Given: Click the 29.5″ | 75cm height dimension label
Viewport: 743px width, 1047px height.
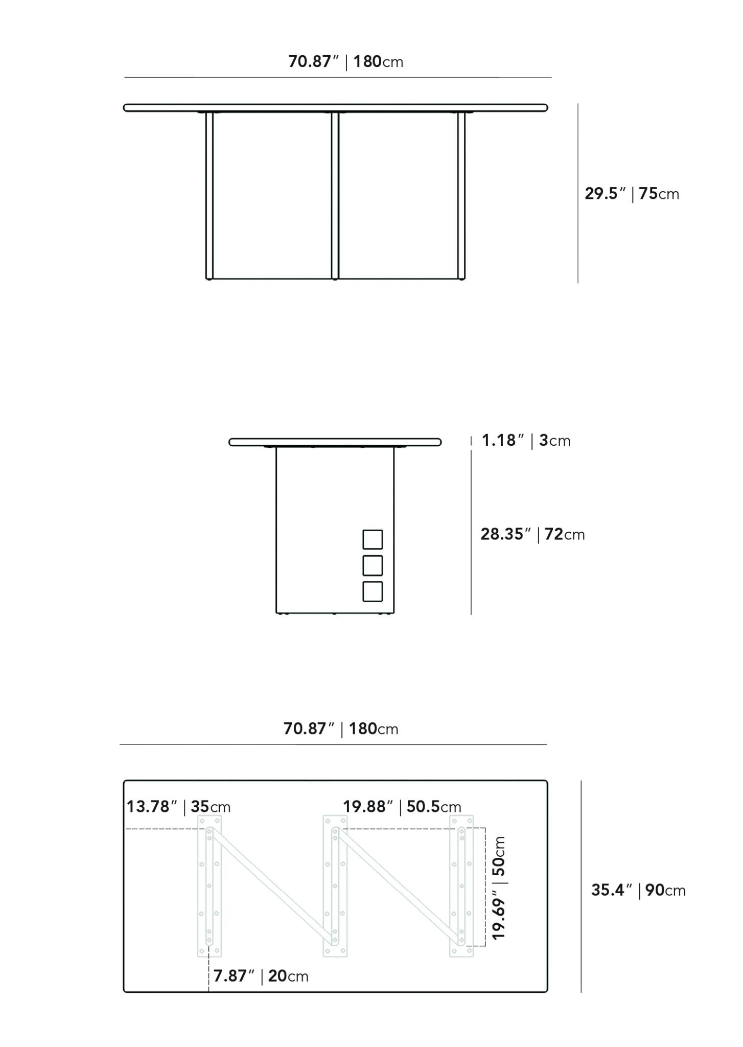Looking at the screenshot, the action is pos(632,194).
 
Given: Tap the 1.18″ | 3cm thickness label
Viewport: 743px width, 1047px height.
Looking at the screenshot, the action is pos(526,441).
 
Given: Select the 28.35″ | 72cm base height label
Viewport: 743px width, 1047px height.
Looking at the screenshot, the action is pos(532,534).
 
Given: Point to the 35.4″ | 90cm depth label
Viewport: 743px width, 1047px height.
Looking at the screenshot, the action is pos(638,890).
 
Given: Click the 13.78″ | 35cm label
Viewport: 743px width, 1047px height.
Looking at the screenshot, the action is pos(178,807).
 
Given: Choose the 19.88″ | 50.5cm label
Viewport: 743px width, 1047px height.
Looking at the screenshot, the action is pos(402,807).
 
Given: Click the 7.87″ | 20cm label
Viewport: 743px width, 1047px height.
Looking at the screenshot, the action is pos(261,976).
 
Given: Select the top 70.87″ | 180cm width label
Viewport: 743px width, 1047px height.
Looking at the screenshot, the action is pos(346,61).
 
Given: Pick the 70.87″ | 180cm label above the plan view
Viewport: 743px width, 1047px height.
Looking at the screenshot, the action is pos(341,729).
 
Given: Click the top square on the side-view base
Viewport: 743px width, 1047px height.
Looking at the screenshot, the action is pos(373,539).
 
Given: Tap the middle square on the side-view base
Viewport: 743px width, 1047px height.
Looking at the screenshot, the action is pos(373,565).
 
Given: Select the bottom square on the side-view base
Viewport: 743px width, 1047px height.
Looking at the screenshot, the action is pos(373,591).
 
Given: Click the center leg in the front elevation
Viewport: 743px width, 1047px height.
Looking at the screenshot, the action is pos(335,195).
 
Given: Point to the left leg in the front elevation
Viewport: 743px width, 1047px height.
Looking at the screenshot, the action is pos(209,195).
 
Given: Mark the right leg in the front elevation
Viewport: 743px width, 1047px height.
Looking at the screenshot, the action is pos(461,195).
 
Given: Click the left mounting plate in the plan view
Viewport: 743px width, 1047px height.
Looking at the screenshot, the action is pos(209,886).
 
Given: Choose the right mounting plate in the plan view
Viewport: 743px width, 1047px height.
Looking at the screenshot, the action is pos(461,886).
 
